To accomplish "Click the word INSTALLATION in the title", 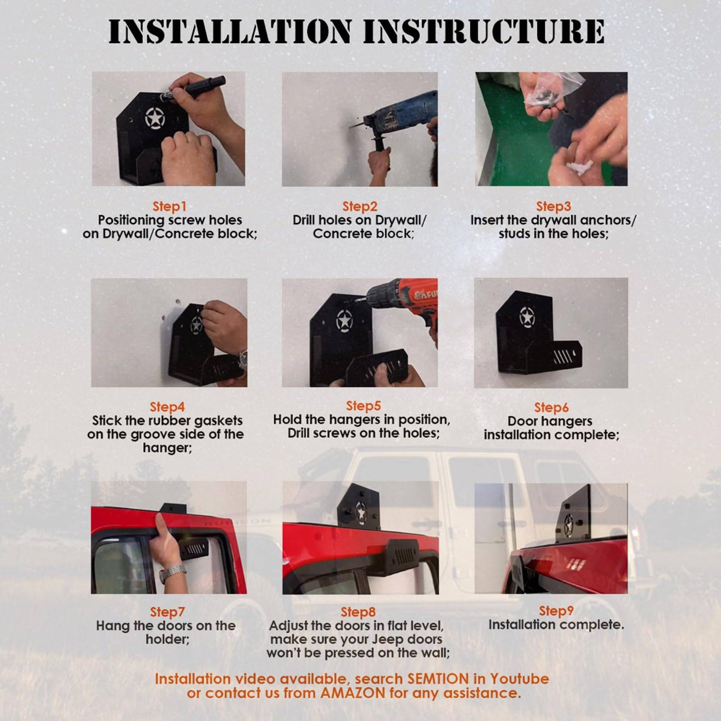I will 230,31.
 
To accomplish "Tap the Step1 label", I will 169,206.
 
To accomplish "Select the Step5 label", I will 363,406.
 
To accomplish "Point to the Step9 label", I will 556,611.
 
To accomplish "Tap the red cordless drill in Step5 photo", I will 414,302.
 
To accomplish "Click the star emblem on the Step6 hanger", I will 527,317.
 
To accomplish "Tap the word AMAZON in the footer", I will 353,693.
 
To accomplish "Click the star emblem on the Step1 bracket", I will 155,118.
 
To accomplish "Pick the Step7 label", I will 167,612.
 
